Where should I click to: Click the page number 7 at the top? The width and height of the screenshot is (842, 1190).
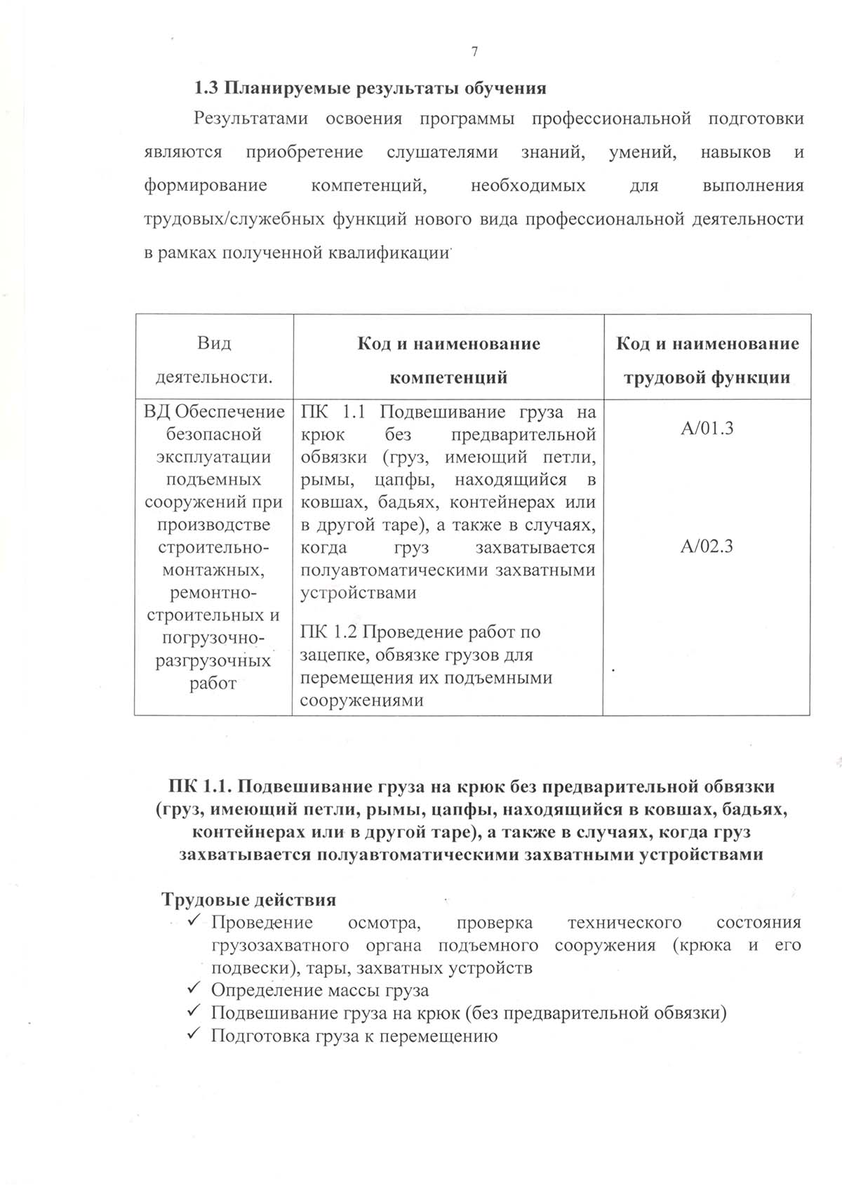click(x=475, y=51)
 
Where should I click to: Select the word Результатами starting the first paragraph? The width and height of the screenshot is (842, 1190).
click(x=250, y=119)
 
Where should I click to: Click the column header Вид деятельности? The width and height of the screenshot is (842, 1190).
click(x=214, y=360)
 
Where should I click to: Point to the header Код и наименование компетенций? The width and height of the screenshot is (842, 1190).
click(x=448, y=360)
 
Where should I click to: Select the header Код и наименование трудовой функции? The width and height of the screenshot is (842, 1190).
click(x=707, y=360)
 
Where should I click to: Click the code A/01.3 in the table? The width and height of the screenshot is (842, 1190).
click(x=707, y=428)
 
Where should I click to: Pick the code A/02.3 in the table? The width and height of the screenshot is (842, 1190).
click(x=707, y=547)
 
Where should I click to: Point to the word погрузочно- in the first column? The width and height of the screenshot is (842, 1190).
click(x=213, y=638)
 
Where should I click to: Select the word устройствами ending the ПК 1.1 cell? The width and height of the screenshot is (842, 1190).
click(x=359, y=592)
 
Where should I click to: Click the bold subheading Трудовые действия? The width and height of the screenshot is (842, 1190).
click(x=248, y=900)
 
